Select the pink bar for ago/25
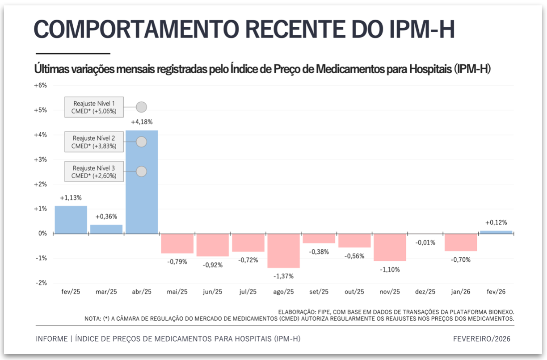point(283,251)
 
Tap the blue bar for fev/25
point(71,220)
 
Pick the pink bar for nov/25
point(390,247)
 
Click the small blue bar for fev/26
point(496,232)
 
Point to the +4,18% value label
point(142,122)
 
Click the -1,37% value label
point(283,276)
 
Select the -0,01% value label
point(425,243)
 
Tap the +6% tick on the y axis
point(40,85)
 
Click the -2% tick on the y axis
point(41,283)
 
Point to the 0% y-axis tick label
point(42,233)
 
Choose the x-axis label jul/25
point(248,292)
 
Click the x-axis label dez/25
point(425,292)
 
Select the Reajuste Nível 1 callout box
point(94,107)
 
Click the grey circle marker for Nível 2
point(141,142)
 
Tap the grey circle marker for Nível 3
point(141,172)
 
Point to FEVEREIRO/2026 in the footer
point(482,339)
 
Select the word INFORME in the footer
point(51,339)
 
